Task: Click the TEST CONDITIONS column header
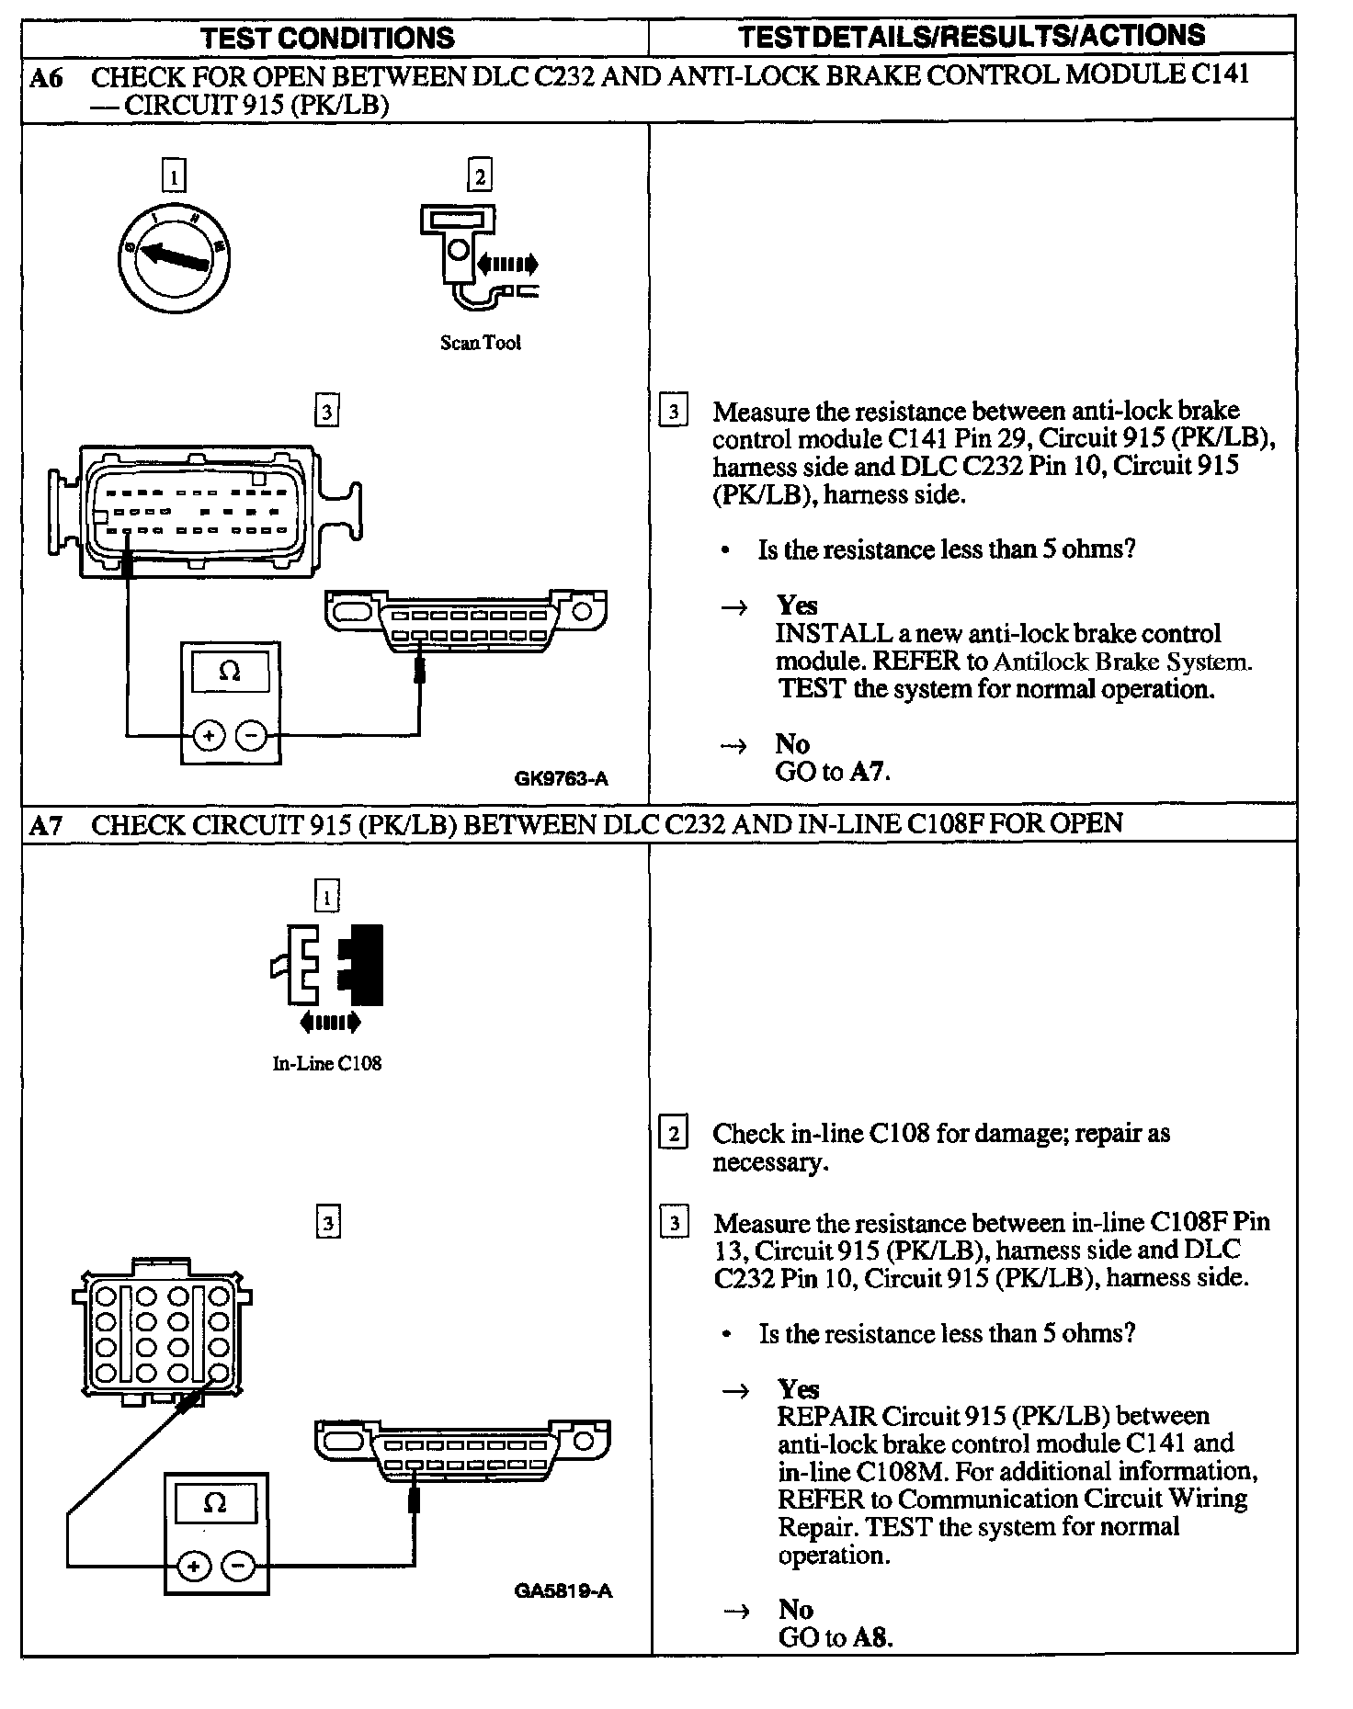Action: coord(327,38)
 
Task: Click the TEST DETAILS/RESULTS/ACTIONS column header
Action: coord(972,36)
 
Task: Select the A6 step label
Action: coord(47,77)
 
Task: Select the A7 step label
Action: coord(47,824)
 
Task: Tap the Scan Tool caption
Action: coord(480,343)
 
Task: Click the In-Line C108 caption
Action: coord(326,1063)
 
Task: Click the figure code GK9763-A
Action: coord(561,779)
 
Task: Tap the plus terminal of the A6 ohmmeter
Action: coord(209,735)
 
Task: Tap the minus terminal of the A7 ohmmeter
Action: coord(239,1566)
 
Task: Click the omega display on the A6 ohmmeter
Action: coord(230,672)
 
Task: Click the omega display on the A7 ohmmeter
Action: coord(215,1503)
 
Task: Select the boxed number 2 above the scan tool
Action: coord(479,175)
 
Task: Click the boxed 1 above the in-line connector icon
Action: coord(326,895)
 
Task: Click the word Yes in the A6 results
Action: coord(796,606)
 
